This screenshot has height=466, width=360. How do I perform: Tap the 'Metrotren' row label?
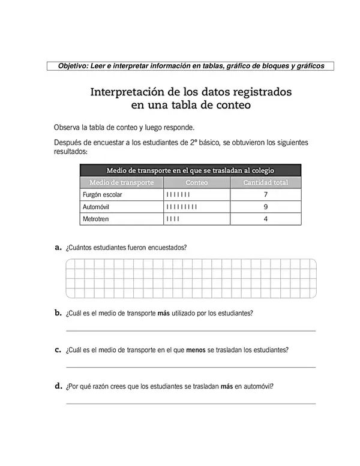pyautogui.click(x=95, y=219)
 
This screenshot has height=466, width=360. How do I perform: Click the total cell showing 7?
pyautogui.click(x=265, y=195)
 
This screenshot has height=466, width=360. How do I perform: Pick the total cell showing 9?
pyautogui.click(x=265, y=207)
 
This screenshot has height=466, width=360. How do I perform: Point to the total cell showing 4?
pyautogui.click(x=265, y=219)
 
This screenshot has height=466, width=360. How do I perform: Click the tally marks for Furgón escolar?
pyautogui.click(x=178, y=195)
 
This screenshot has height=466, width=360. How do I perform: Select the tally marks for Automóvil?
pyautogui.click(x=181, y=207)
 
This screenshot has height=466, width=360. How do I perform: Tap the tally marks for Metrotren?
pyautogui.click(x=172, y=219)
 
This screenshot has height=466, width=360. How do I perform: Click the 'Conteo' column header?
pyautogui.click(x=197, y=182)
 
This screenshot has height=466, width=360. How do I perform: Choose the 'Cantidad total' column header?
pyautogui.click(x=265, y=182)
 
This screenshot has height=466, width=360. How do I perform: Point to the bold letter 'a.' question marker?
pyautogui.click(x=58, y=246)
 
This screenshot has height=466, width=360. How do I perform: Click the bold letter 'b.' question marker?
pyautogui.click(x=58, y=312)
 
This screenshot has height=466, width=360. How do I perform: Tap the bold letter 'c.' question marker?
pyautogui.click(x=58, y=349)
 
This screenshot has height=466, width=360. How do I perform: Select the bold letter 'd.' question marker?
pyautogui.click(x=58, y=386)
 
